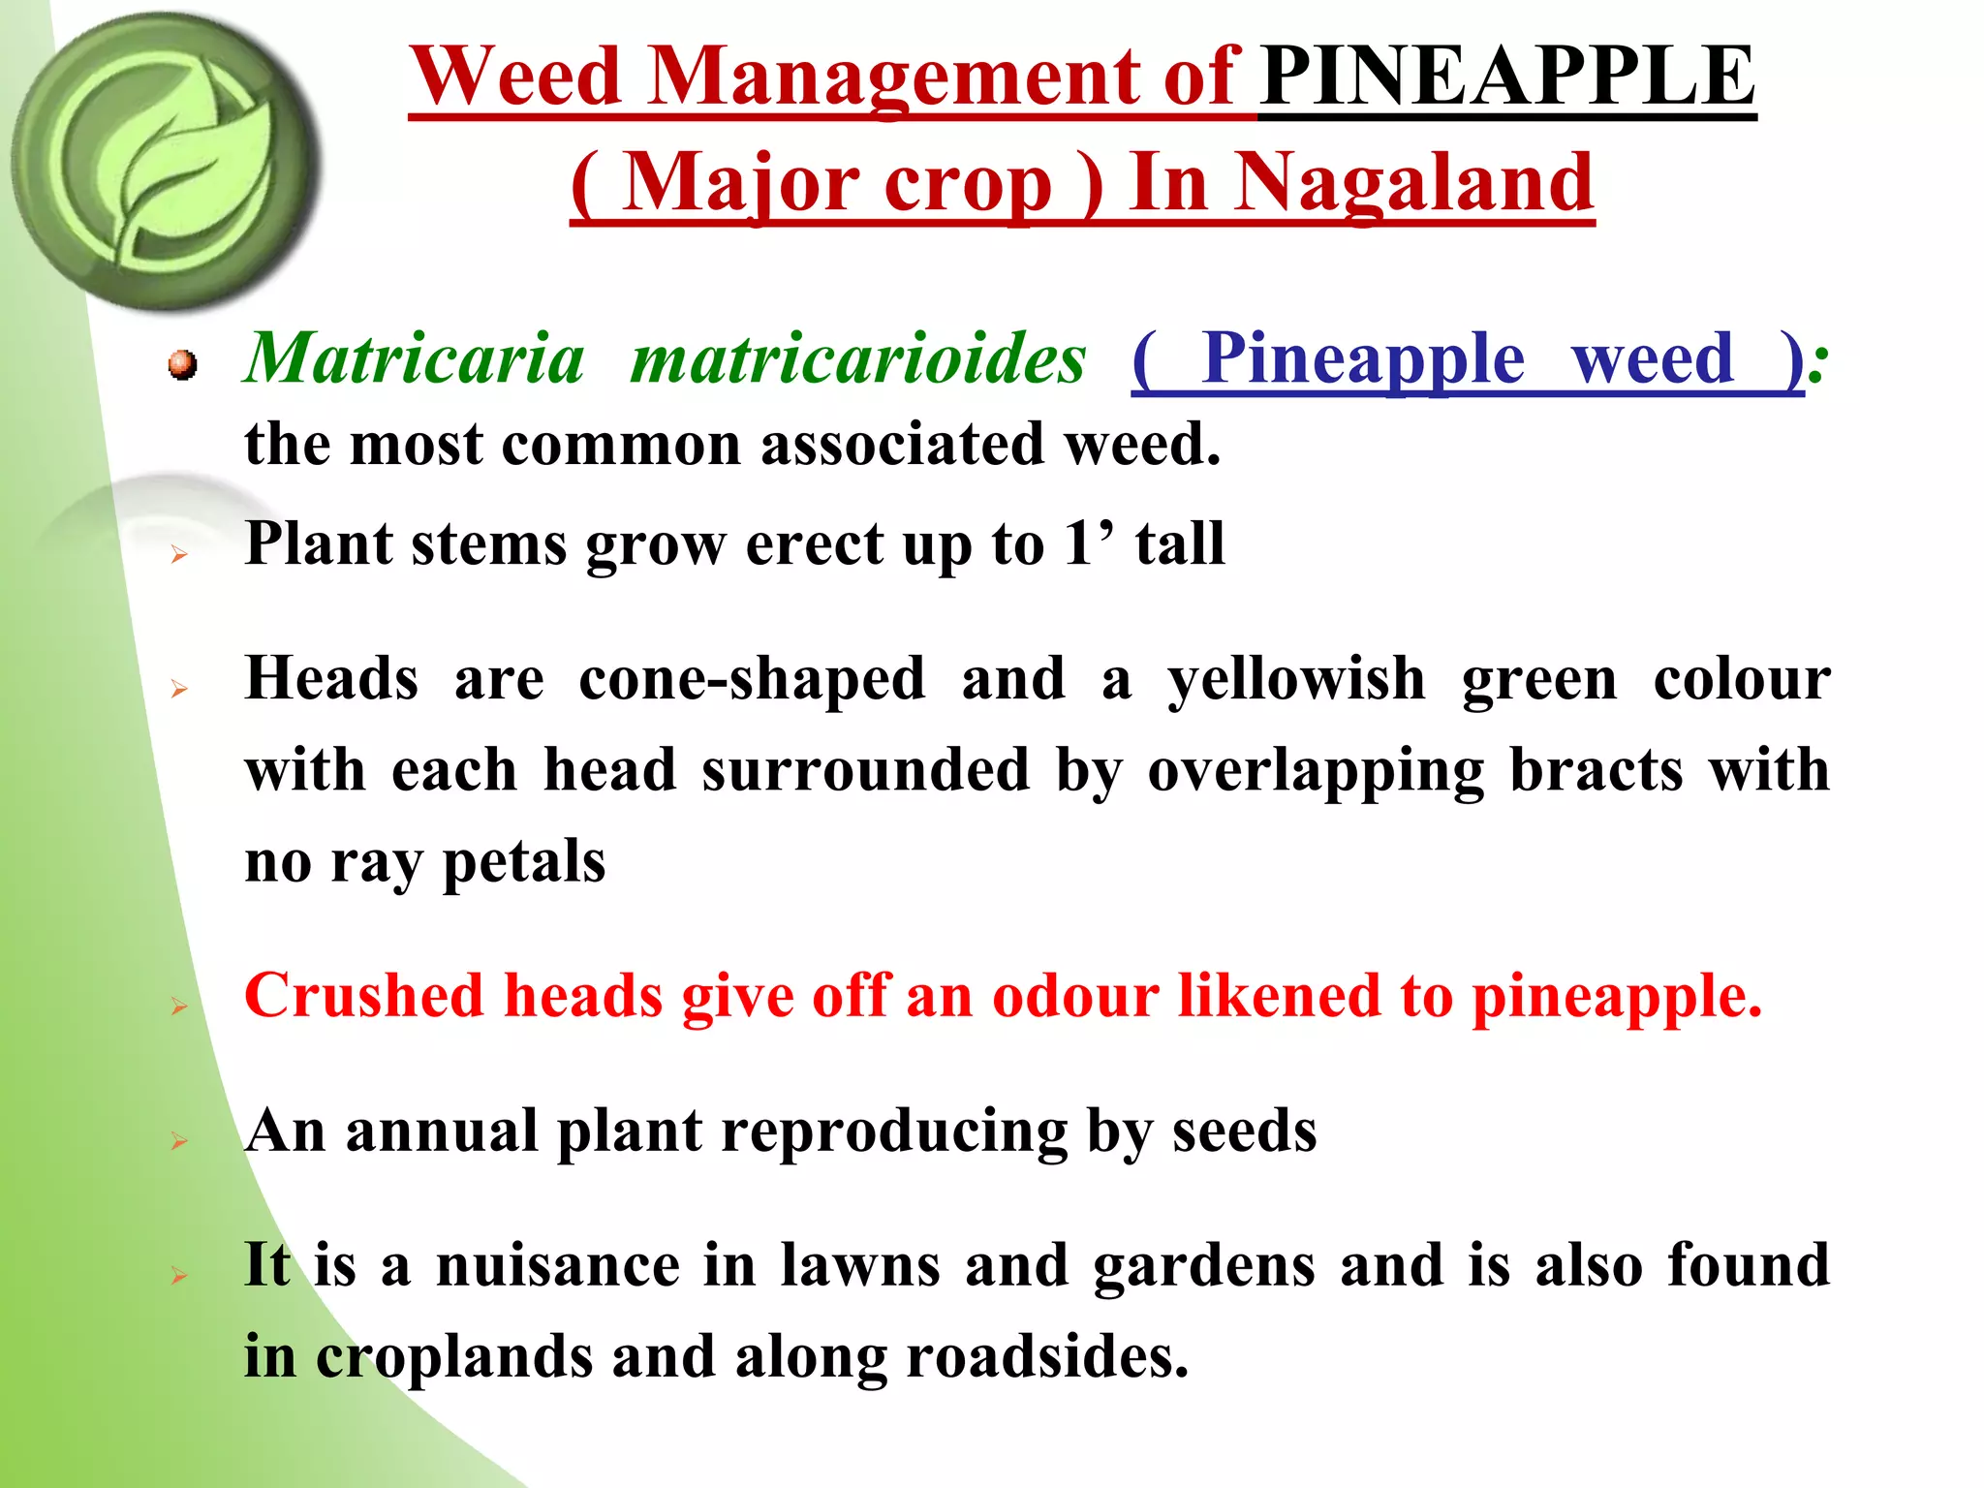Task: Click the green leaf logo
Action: tap(165, 160)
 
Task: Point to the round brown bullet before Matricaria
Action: tap(181, 365)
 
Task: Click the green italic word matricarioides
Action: tap(857, 358)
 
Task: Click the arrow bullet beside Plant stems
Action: tap(179, 554)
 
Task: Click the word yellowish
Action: tap(1296, 680)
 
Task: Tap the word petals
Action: tap(523, 862)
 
